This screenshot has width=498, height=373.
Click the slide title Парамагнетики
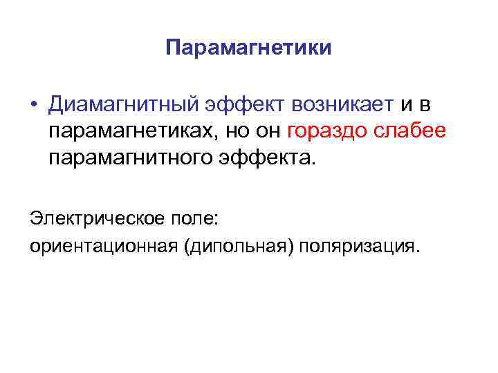pos(249,48)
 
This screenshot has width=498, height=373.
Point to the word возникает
pos(342,105)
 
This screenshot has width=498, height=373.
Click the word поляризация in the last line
pos(360,247)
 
